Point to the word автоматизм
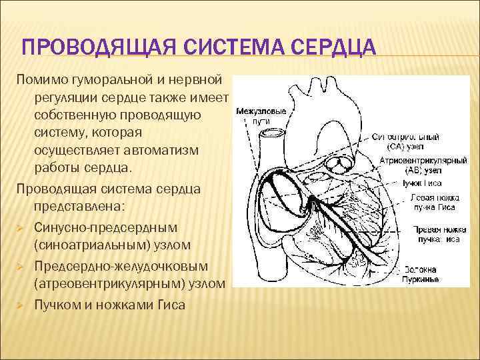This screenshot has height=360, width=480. coord(163,149)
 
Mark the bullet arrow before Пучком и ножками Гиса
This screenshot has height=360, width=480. coord(21,305)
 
